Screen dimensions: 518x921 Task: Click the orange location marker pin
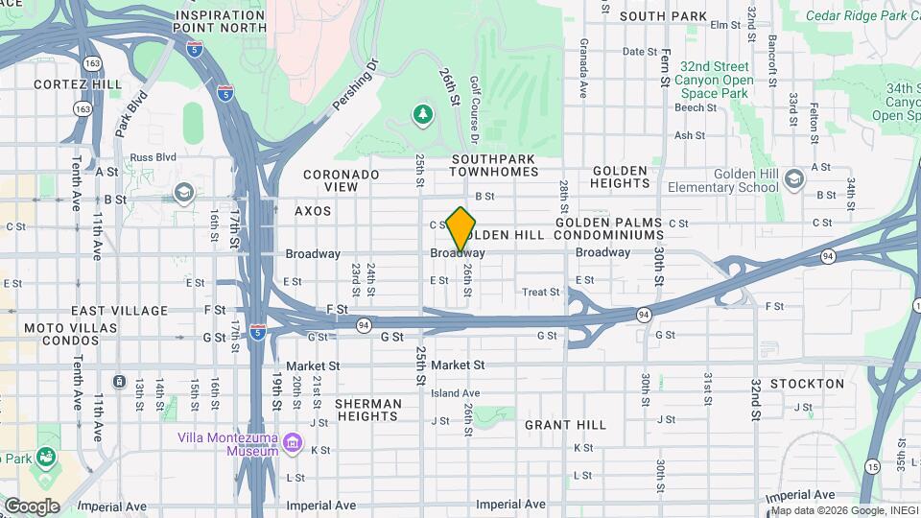click(x=461, y=228)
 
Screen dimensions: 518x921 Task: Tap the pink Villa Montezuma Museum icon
click(x=293, y=442)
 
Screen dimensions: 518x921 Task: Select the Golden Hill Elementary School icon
click(x=793, y=178)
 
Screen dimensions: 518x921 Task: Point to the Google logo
click(x=32, y=506)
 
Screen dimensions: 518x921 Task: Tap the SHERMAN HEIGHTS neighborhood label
click(x=366, y=411)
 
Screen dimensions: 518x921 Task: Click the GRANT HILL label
click(x=565, y=424)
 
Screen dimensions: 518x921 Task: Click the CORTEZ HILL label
click(x=78, y=84)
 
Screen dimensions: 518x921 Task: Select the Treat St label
click(x=540, y=292)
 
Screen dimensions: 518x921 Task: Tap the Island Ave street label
click(x=455, y=393)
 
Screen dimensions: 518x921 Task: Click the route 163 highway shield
click(x=92, y=62)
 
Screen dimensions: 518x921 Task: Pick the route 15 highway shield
click(x=871, y=466)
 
